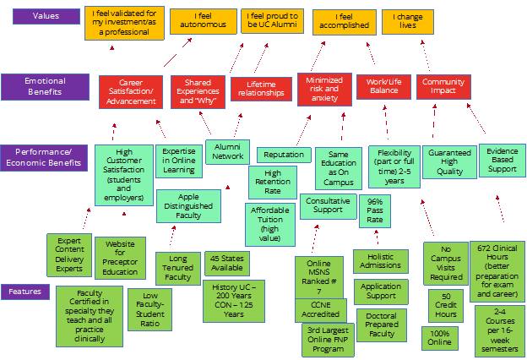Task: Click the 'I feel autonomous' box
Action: point(203,20)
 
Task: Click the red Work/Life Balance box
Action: point(383,86)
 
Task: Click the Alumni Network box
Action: point(227,150)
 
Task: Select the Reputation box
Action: point(284,155)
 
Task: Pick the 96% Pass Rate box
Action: point(375,210)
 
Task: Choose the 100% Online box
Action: point(440,338)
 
